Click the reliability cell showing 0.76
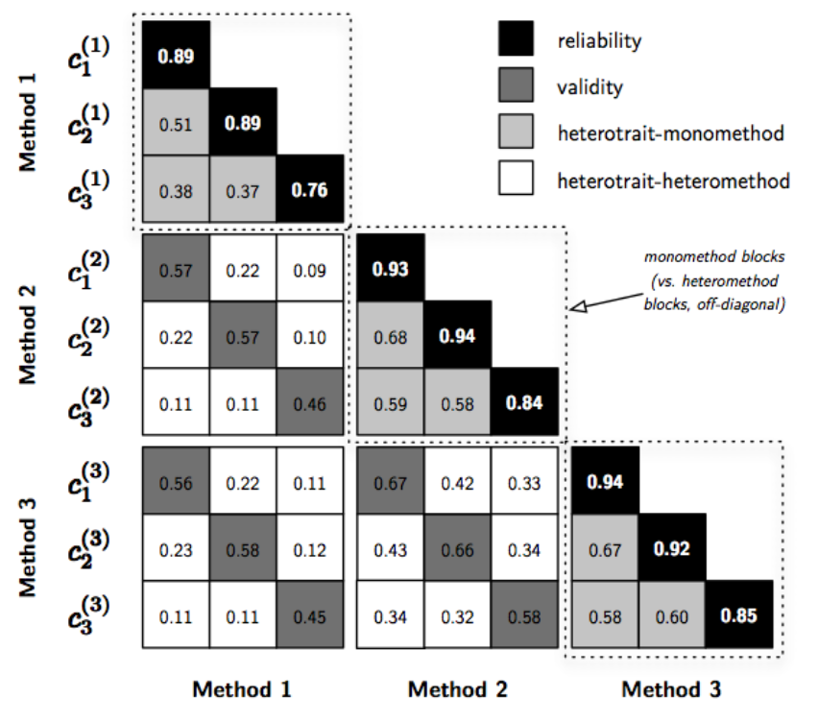(x=310, y=190)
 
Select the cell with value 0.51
(x=177, y=123)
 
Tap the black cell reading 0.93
(x=391, y=268)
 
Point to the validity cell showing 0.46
(x=310, y=402)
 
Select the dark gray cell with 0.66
(x=458, y=547)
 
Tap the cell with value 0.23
(x=177, y=547)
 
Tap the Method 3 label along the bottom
(x=670, y=689)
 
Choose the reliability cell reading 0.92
(x=671, y=547)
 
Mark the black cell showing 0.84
(x=524, y=402)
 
